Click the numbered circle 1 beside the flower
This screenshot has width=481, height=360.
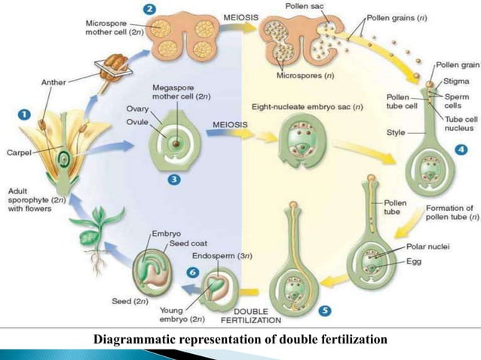pyautogui.click(x=24, y=116)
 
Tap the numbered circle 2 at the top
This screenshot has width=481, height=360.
pyautogui.click(x=151, y=11)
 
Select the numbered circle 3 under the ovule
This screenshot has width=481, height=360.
pyautogui.click(x=173, y=180)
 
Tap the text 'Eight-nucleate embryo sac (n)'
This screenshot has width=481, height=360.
pyautogui.click(x=306, y=108)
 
